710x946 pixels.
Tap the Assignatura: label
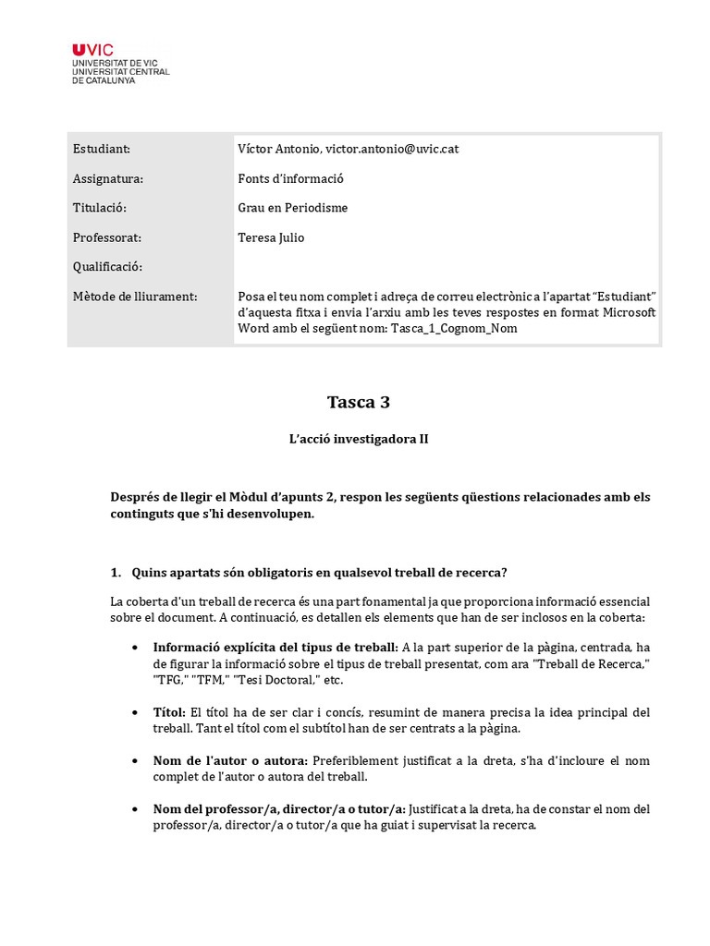click(108, 178)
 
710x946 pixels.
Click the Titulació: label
click(99, 208)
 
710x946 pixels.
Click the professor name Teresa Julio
click(271, 237)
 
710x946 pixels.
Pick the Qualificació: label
click(107, 267)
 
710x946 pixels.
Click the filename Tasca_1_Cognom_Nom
click(440, 328)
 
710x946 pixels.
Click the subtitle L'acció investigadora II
click(359, 440)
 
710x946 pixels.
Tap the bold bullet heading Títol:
click(170, 712)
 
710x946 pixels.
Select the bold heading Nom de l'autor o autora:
click(231, 761)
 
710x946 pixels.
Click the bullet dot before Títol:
click(137, 713)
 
